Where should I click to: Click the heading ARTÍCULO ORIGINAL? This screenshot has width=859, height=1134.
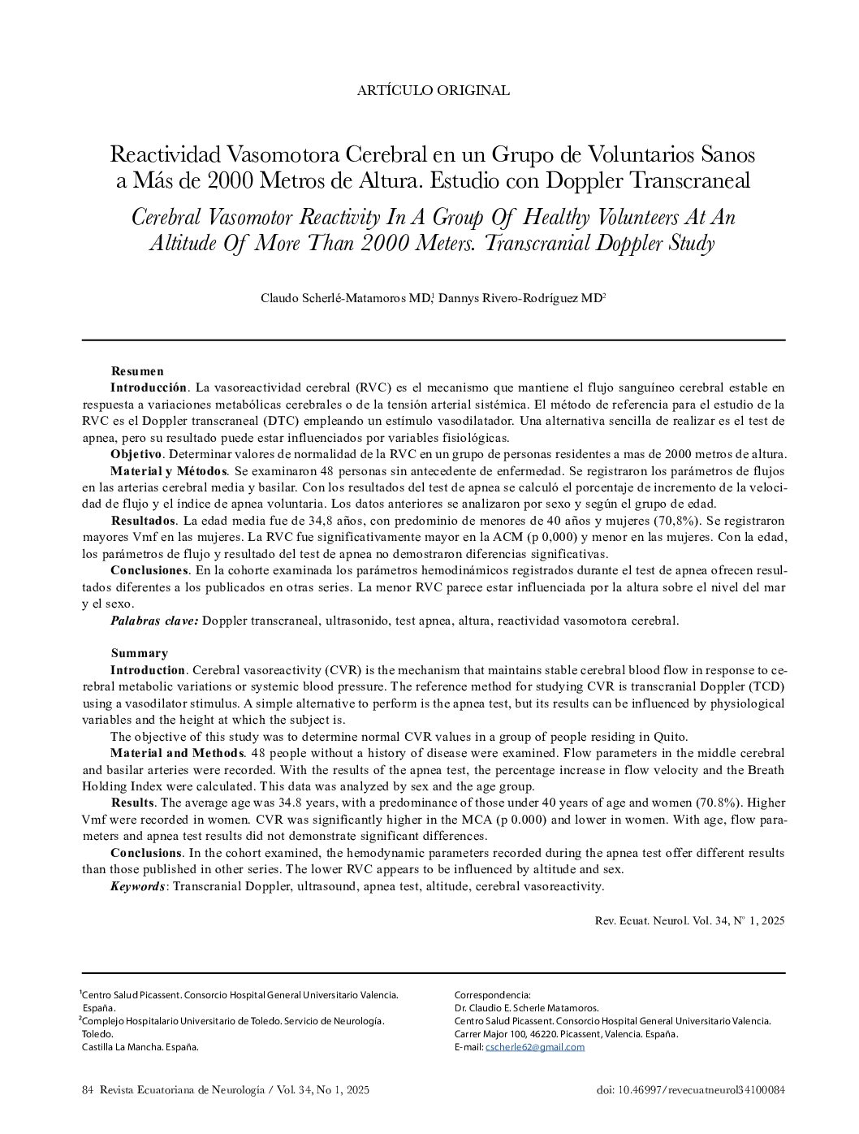click(433, 90)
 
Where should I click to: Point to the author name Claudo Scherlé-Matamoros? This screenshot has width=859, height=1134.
click(345, 298)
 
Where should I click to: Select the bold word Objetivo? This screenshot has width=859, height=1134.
click(136, 453)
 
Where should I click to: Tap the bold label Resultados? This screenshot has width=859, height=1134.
click(142, 520)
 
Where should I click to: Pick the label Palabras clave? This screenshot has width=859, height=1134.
click(154, 621)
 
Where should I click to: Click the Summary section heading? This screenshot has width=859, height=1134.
click(139, 653)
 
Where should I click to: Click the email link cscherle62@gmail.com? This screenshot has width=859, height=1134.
click(534, 1047)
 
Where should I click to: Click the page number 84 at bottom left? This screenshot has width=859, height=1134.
click(88, 1090)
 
